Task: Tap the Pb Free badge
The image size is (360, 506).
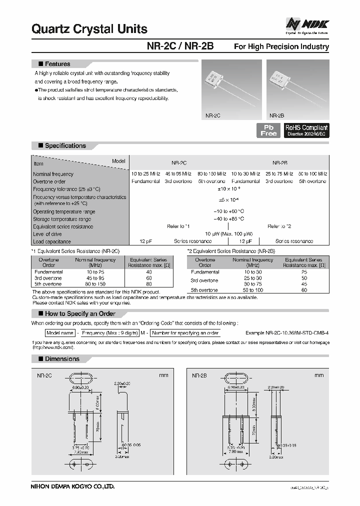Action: [268, 130]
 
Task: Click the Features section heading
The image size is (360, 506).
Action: [57, 64]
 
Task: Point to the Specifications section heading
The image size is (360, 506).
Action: [65, 145]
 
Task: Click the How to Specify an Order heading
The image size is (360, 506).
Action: [79, 313]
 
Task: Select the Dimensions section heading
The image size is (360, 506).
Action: [62, 358]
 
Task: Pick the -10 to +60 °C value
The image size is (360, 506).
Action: [230, 211]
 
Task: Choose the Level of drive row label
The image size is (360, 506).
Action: [48, 234]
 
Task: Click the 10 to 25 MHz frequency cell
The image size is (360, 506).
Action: [145, 173]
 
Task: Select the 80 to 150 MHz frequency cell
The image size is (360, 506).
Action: [211, 173]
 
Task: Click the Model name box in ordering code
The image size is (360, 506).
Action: [60, 333]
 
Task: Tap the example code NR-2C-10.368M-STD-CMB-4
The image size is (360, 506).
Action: [287, 333]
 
